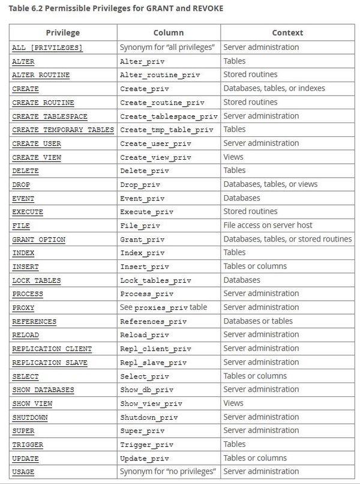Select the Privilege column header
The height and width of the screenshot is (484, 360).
(62, 32)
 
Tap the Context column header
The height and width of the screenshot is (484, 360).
(287, 32)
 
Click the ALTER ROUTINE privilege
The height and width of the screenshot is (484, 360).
(41, 75)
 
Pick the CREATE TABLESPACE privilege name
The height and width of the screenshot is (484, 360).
(50, 116)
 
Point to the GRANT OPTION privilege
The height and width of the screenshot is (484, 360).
(39, 240)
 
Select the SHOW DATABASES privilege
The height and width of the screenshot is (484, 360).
(43, 390)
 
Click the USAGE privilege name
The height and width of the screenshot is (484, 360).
(23, 472)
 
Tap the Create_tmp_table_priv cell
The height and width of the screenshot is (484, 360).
(166, 130)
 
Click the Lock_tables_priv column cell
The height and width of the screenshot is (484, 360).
(155, 280)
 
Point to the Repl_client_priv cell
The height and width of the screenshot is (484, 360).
(155, 349)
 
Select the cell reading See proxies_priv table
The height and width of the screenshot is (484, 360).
(163, 307)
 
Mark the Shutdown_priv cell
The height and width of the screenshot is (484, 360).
(149, 417)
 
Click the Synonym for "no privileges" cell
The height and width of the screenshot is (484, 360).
(167, 471)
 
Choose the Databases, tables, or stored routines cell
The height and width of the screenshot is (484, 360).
(287, 239)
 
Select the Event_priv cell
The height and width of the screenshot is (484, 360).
(142, 198)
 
